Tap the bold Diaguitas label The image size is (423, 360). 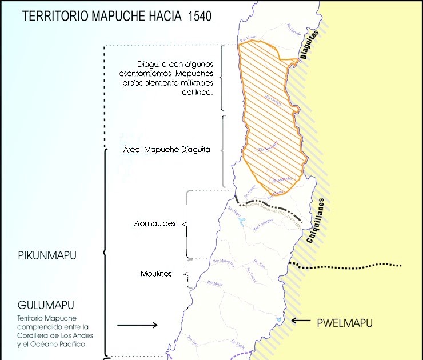[309, 46]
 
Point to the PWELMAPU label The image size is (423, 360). [345, 323]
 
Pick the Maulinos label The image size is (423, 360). [156, 274]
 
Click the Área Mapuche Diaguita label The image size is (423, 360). [167, 150]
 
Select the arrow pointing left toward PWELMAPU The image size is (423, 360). [301, 321]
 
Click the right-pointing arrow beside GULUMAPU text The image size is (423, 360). [137, 325]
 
